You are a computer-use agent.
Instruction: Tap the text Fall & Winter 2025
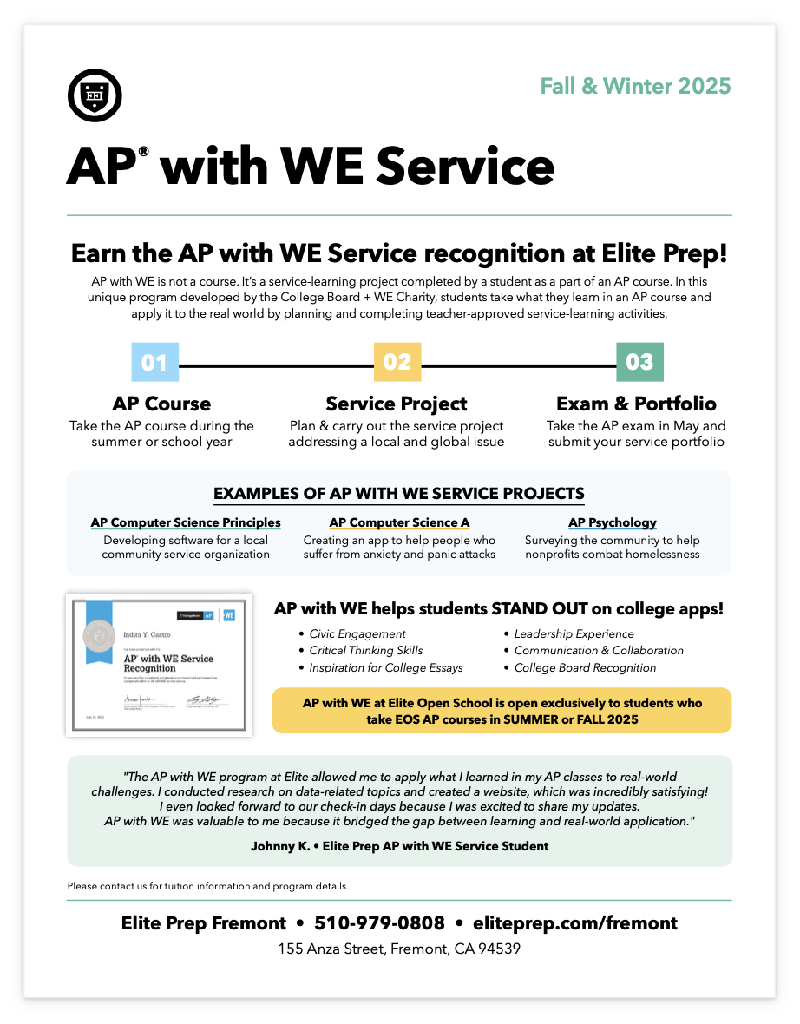pos(635,86)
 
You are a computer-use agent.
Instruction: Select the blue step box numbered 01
pos(154,362)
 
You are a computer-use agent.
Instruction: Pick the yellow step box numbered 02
pos(397,362)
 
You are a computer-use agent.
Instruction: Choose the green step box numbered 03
pos(639,362)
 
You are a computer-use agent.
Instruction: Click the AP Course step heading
pos(161,404)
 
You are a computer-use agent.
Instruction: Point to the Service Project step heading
pos(397,404)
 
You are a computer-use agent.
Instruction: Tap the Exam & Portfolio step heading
pos(636,404)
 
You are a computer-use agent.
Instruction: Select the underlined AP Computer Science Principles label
pos(186,522)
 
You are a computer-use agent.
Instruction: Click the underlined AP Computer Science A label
pos(399,522)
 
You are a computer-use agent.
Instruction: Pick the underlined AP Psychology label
pos(613,522)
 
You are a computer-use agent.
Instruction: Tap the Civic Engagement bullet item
pos(357,633)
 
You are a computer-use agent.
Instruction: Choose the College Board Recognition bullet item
pos(585,667)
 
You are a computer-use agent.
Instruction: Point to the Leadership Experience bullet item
pos(574,633)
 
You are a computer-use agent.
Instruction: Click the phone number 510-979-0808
pos(379,922)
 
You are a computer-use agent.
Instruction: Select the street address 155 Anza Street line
pos(399,949)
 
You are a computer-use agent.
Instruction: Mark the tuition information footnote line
pos(207,886)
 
